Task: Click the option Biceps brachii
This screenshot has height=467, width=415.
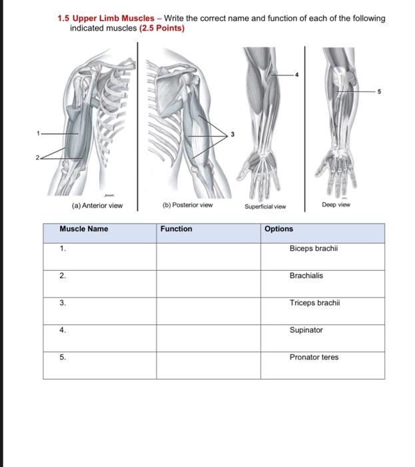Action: click(314, 248)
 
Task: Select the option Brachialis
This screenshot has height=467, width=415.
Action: click(306, 276)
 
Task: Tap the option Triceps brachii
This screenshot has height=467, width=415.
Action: click(314, 303)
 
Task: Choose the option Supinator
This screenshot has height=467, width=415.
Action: click(306, 330)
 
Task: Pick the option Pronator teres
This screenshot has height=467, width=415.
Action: click(314, 358)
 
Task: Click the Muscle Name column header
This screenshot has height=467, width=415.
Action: click(84, 229)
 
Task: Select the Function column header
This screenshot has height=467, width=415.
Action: click(177, 229)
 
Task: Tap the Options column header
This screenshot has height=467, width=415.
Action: click(278, 229)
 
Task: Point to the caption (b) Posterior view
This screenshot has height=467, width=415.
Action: click(187, 205)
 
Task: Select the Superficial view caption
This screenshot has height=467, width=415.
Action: click(265, 207)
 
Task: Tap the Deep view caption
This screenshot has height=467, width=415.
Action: click(336, 205)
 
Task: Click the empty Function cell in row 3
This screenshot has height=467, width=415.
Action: click(209, 311)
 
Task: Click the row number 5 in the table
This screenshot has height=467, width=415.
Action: click(63, 358)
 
